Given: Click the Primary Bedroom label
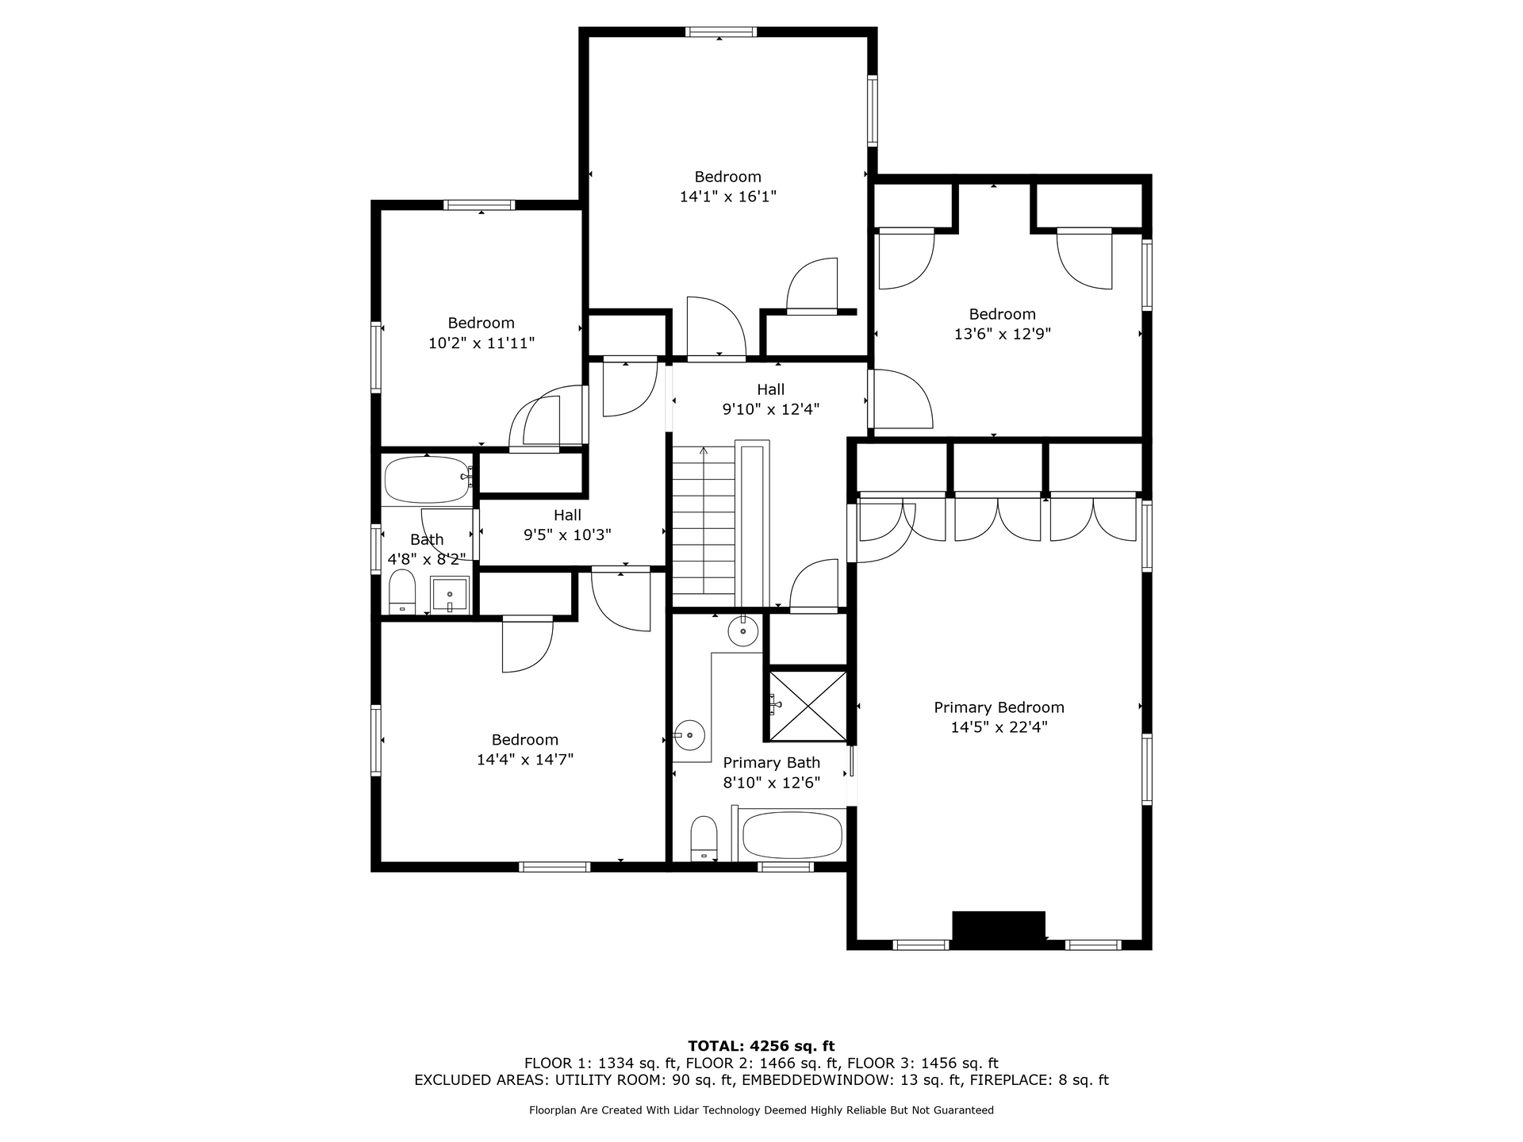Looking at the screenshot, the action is pos(999,707).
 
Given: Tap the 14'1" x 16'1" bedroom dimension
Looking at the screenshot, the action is pos(727,197).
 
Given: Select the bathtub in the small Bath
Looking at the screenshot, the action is pos(427,480).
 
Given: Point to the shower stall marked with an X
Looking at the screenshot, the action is pos(808,706).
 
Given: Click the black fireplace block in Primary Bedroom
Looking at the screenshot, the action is pos(999,929).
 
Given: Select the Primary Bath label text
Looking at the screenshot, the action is pos(771,763).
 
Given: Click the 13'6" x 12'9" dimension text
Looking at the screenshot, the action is pos(1003,335).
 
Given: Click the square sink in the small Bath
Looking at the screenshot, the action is pos(450,595).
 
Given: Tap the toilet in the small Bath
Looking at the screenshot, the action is pos(402,592).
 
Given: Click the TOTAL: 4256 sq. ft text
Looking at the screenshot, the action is pos(761,1047).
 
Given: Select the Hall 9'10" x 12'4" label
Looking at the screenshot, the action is pos(770,400).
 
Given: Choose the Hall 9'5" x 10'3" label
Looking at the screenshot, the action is pos(567,525).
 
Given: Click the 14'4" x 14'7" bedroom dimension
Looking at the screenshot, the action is pos(525,760).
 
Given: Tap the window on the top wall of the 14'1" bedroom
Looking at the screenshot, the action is pos(721,33).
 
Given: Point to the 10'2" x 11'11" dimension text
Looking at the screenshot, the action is pos(481,343).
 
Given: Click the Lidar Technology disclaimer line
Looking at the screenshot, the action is pos(761,1110).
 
